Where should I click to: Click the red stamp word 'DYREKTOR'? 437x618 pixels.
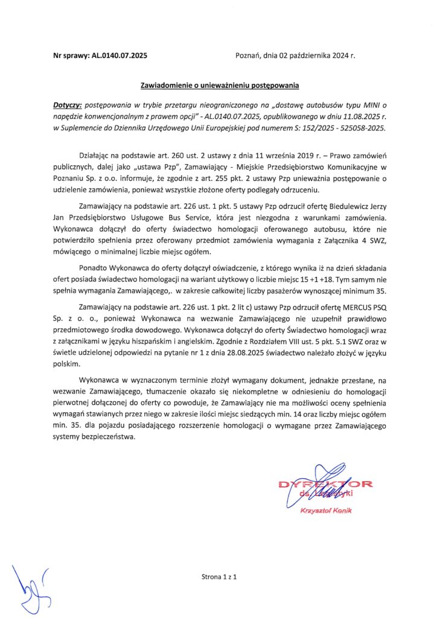pos(326,484)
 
